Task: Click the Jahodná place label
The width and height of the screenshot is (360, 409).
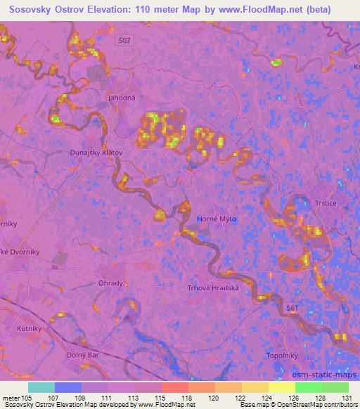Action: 120,98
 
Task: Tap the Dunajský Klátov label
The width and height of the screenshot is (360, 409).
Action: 96,152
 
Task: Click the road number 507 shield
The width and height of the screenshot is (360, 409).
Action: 124,41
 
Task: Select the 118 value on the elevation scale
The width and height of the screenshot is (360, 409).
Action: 174,397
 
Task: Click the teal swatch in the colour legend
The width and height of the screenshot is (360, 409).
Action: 41,387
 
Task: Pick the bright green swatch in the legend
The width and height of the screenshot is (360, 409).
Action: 308,387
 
